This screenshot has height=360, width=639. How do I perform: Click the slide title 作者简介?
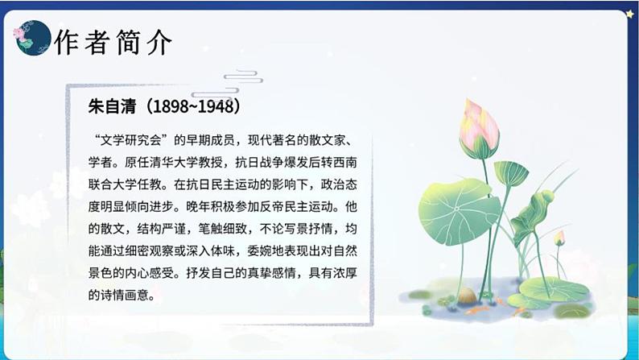[113, 42]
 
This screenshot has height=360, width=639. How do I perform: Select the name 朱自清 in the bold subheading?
[109, 106]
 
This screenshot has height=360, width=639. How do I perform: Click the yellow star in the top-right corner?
[630, 14]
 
